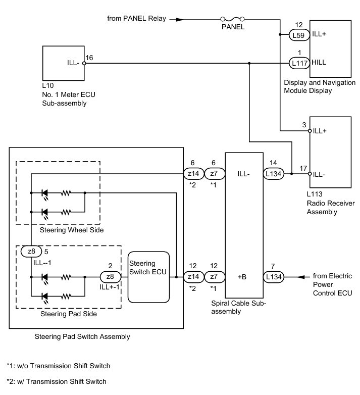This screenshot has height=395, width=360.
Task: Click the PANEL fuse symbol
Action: [x=232, y=19]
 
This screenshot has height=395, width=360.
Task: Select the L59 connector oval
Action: [x=299, y=35]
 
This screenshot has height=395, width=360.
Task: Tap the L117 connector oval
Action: [x=299, y=63]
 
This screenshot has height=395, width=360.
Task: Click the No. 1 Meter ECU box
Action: [x=64, y=63]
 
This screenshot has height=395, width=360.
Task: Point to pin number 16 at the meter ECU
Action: [x=89, y=58]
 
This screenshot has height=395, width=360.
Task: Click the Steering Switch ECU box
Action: [x=148, y=277]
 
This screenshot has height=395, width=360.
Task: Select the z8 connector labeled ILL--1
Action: [x=31, y=252]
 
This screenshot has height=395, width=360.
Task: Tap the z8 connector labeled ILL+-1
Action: [x=111, y=277]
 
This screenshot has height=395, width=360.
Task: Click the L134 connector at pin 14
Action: [x=274, y=174]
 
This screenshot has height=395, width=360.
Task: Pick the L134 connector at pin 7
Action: [x=274, y=277]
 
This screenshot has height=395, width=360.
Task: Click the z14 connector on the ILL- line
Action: [x=193, y=174]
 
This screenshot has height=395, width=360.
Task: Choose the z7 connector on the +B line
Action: [x=214, y=277]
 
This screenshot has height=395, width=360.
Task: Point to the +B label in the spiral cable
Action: [x=242, y=277]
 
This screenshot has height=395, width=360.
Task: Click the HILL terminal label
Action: [x=319, y=62]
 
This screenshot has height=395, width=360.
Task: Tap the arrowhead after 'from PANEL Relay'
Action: [x=179, y=19]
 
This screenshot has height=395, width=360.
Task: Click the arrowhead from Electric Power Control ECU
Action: [x=301, y=277]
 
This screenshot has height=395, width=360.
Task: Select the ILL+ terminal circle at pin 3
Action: [x=310, y=131]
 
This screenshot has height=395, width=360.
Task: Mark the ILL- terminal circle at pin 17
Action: [x=310, y=174]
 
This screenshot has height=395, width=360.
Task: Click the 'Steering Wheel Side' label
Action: [x=72, y=230]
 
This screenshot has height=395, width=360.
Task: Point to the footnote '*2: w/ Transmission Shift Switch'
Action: [x=57, y=381]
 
